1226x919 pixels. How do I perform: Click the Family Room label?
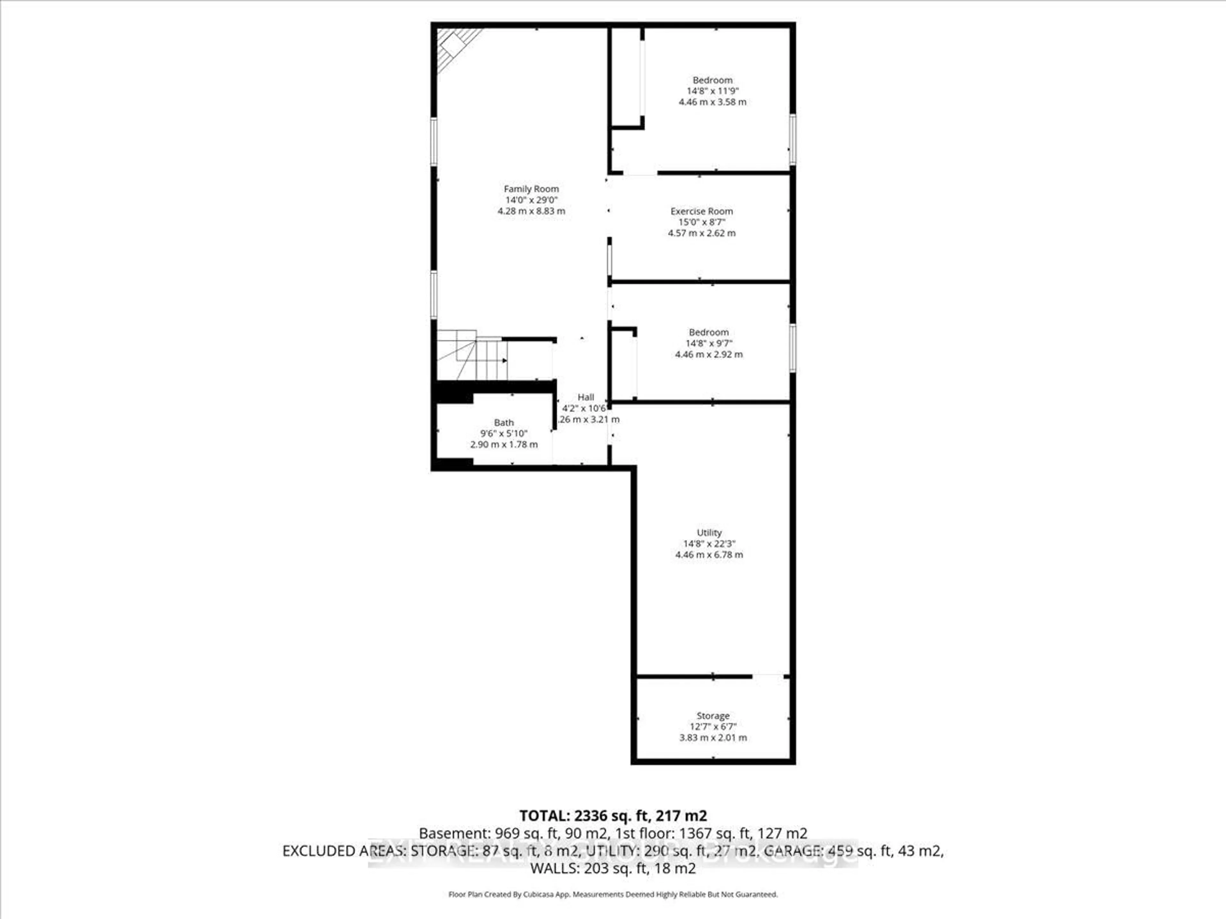click(531, 189)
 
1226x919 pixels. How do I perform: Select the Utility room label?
click(709, 532)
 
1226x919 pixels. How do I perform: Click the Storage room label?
click(713, 716)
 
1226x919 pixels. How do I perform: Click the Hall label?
click(586, 397)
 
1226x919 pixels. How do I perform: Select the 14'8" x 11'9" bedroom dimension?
click(712, 91)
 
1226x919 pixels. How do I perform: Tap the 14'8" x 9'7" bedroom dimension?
click(709, 343)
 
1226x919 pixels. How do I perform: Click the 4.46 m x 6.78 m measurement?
click(709, 555)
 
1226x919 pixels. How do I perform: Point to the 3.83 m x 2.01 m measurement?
click(713, 738)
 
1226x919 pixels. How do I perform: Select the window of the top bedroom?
click(792, 139)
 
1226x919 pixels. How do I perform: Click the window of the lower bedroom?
click(792, 348)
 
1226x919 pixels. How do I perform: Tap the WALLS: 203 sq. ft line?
click(612, 868)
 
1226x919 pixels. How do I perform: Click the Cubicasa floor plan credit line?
click(612, 894)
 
